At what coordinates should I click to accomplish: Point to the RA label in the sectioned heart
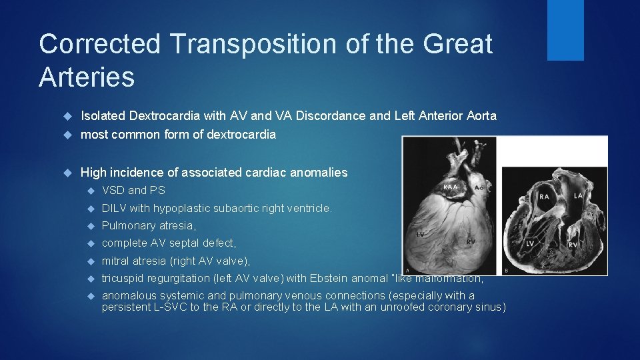545,197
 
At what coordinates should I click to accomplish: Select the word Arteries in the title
87,77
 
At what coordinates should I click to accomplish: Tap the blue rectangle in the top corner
565,30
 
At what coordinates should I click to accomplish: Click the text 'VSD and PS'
133,191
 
